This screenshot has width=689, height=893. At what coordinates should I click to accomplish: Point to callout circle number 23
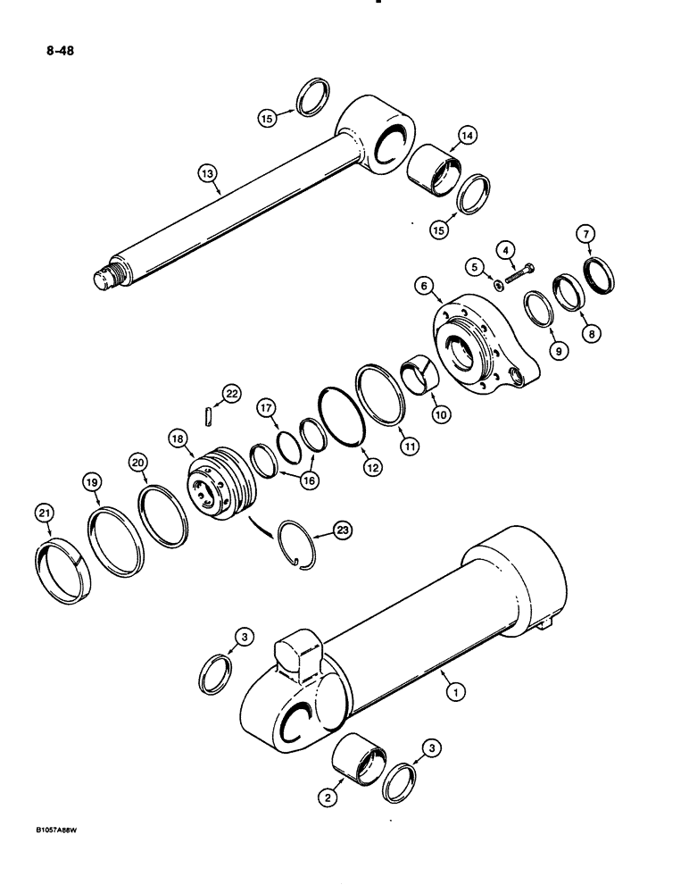click(341, 530)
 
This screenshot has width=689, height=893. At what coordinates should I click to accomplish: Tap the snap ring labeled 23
click(301, 541)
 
